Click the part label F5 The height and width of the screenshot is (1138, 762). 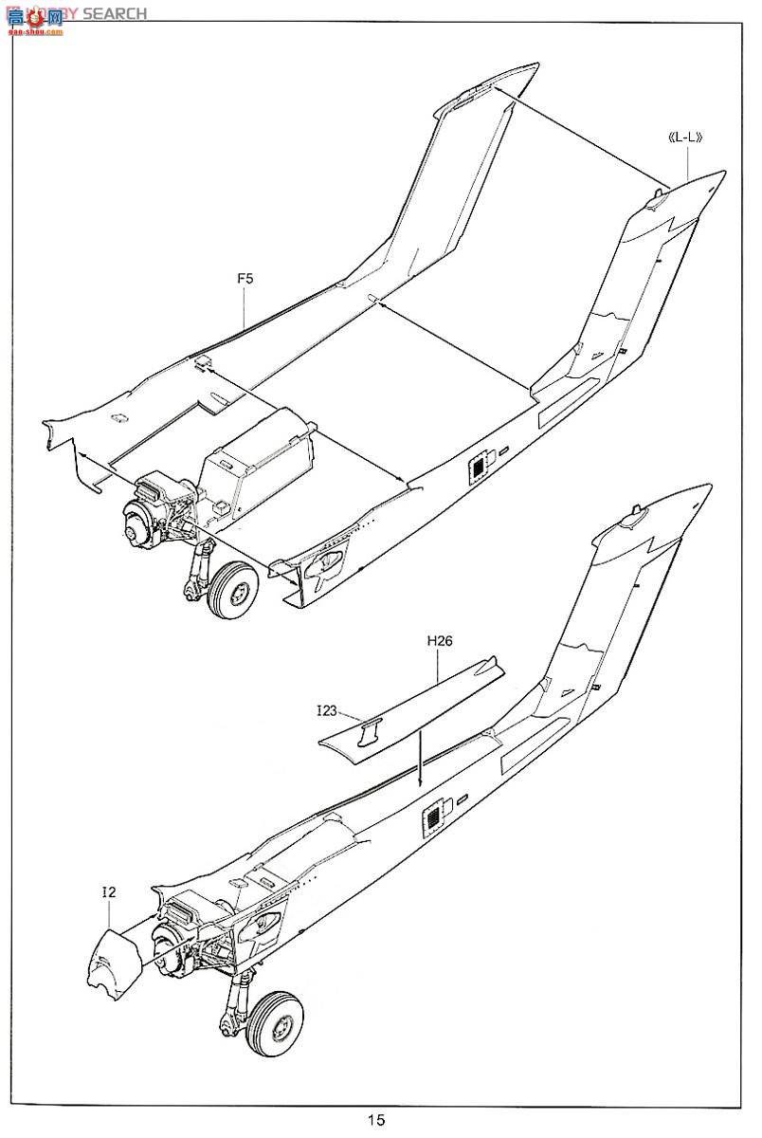point(245,280)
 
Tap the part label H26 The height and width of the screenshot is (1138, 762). point(439,641)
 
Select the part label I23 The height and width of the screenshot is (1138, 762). point(328,708)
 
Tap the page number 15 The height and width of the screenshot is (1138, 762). point(377,1120)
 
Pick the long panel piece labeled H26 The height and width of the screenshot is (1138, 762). point(417,702)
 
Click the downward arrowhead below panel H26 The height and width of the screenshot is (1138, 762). point(419,783)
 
